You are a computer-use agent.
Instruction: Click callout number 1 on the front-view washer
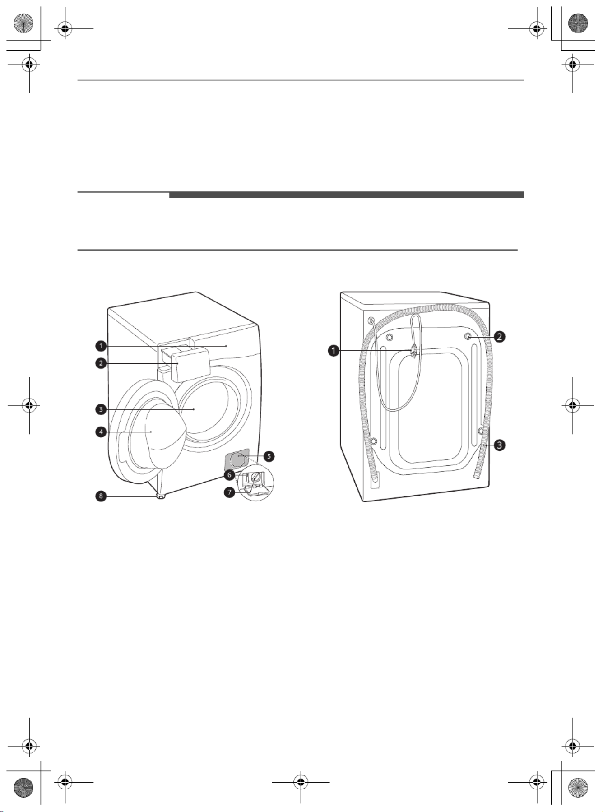tap(101, 346)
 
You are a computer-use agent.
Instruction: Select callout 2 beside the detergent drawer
tap(101, 363)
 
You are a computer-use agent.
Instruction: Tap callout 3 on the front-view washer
tap(101, 410)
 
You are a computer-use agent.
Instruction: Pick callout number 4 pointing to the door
tap(101, 432)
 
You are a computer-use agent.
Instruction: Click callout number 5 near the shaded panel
tap(269, 456)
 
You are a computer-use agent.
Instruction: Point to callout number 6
tap(229, 475)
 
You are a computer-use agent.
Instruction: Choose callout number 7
tap(229, 492)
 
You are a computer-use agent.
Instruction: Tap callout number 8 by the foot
tap(101, 496)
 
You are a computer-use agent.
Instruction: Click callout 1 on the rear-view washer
tap(334, 350)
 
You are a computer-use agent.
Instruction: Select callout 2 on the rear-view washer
tap(499, 336)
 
